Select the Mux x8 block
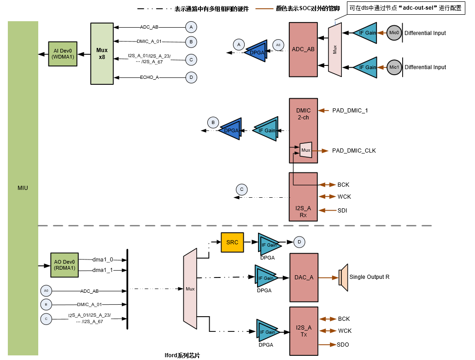point(102,53)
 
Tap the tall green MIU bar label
point(22,188)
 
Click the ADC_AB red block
point(303,49)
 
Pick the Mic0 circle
point(394,33)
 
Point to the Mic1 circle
point(394,67)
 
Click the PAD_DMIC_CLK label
point(354,151)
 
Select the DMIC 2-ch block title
point(303,114)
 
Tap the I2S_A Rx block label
point(303,212)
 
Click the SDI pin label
point(342,211)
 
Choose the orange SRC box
point(233,242)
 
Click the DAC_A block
point(304,277)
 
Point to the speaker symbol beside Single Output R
point(343,277)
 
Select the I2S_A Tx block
point(304,331)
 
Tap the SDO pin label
point(343,345)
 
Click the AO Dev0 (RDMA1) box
point(64,265)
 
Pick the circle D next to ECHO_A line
point(191,77)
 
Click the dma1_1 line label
point(102,270)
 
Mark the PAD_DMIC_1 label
point(350,111)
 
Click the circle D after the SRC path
point(299,242)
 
